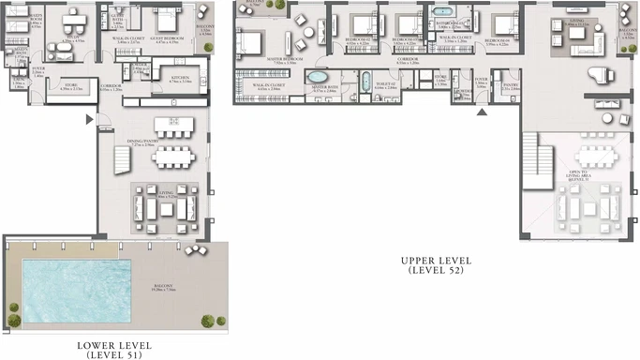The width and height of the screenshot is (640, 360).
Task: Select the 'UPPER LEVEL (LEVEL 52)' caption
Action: point(436,264)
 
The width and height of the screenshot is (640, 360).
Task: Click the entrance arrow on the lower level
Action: point(89,119)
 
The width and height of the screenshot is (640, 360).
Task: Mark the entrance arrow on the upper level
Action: point(482,112)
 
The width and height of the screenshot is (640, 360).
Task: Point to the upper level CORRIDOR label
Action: point(407,60)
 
